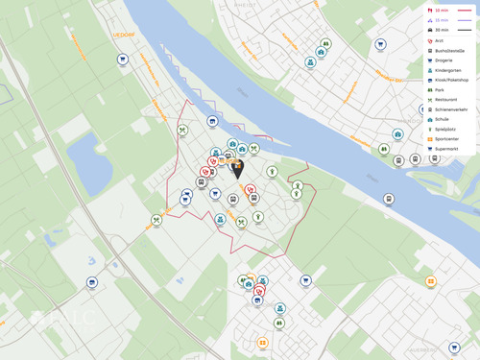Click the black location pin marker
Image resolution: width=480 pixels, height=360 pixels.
[237, 169]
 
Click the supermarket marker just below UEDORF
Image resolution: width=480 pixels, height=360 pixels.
[123, 60]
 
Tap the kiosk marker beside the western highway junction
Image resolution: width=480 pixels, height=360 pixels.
[92, 282]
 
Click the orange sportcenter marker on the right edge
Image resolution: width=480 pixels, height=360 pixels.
[431, 281]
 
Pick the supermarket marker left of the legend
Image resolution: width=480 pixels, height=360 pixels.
[380, 44]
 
